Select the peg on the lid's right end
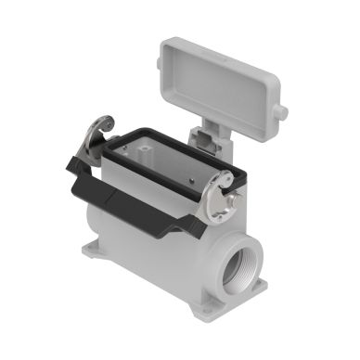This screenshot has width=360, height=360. coord(281,113)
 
